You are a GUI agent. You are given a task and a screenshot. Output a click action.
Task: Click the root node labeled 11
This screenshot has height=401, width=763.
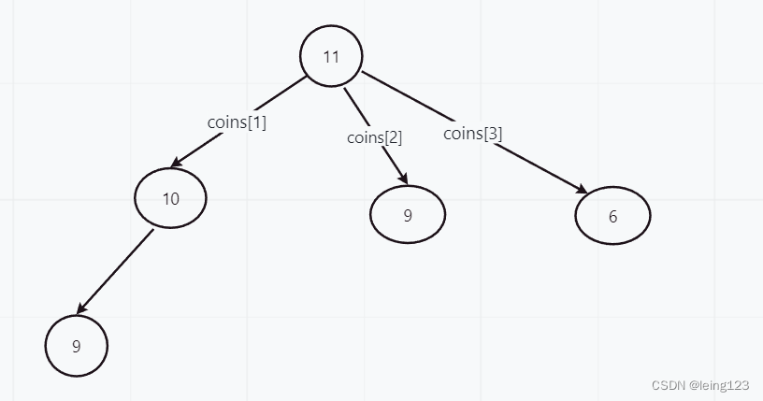(x=330, y=56)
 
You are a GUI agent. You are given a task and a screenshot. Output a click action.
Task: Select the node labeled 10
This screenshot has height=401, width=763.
(x=169, y=198)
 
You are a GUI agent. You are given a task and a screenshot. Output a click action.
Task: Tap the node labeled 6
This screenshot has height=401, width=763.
(x=612, y=216)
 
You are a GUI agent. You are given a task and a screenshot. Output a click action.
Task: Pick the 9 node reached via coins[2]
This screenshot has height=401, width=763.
(x=408, y=215)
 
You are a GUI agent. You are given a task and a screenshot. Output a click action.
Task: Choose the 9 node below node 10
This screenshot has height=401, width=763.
(x=77, y=346)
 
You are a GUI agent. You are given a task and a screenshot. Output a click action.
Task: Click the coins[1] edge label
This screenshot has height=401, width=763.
(x=237, y=122)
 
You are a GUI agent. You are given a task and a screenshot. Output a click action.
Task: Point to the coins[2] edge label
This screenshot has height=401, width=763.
(x=374, y=137)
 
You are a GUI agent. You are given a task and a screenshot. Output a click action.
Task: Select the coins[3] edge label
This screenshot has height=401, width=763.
(x=472, y=134)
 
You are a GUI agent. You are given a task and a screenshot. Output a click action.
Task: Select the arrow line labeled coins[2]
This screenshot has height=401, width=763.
(x=353, y=102)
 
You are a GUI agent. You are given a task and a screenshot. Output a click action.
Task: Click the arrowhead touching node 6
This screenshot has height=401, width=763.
(x=582, y=190)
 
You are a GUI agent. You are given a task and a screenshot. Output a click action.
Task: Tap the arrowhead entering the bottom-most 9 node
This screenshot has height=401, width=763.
(x=81, y=309)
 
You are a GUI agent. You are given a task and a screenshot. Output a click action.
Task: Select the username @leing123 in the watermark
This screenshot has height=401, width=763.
(x=718, y=384)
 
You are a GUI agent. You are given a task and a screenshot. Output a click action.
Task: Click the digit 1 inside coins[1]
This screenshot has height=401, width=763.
(x=255, y=122)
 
